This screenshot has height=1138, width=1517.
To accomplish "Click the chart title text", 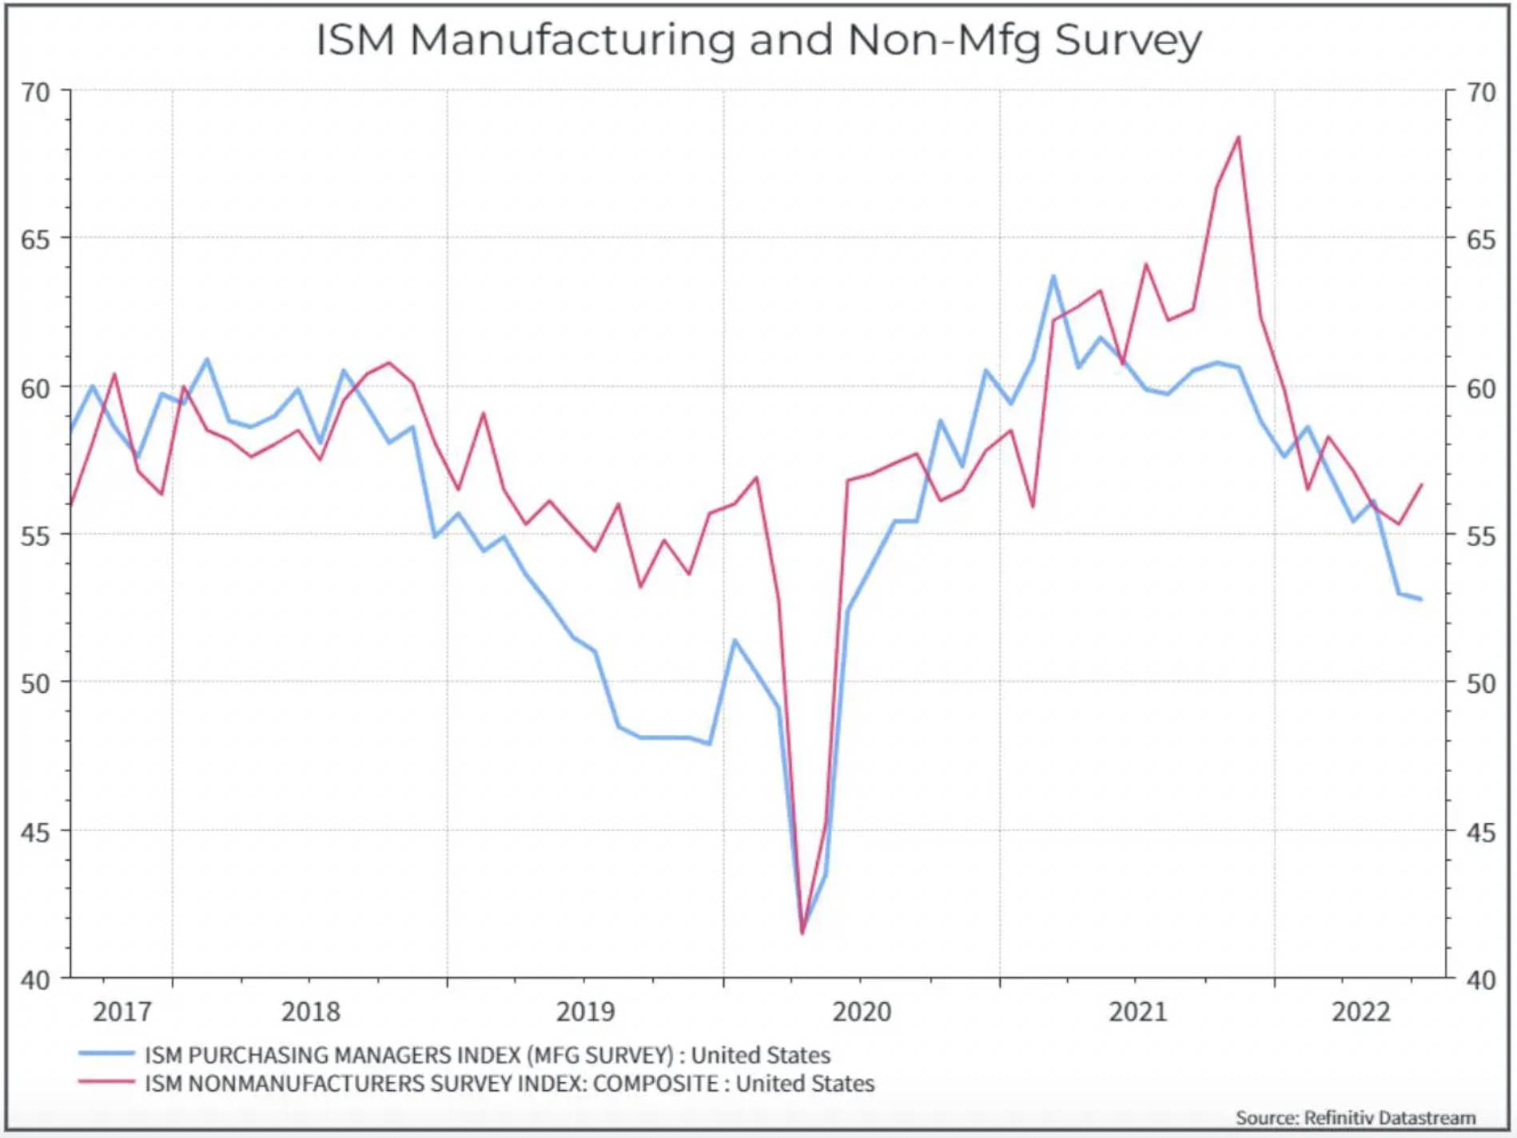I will pyautogui.click(x=758, y=40).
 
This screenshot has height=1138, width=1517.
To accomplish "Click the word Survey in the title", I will pyautogui.click(x=1128, y=40).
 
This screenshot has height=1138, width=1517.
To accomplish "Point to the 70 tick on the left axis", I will pyautogui.click(x=36, y=93).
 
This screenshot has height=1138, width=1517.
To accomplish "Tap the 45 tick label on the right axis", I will pyautogui.click(x=1481, y=834).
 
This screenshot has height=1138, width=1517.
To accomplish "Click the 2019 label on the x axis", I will pyautogui.click(x=585, y=1012).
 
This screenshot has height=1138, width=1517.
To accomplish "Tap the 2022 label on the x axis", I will pyautogui.click(x=1360, y=1012).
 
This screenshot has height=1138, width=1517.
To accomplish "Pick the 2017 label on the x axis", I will pyautogui.click(x=121, y=1012).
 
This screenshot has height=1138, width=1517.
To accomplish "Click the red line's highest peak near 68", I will pyautogui.click(x=1239, y=137).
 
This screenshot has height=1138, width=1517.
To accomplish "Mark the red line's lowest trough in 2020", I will pyautogui.click(x=802, y=933).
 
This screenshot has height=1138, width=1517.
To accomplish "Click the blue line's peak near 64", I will pyautogui.click(x=1053, y=277).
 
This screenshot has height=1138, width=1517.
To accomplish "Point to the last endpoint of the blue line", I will pyautogui.click(x=1420, y=599).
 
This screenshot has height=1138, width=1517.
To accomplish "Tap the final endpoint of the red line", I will pyautogui.click(x=1421, y=485).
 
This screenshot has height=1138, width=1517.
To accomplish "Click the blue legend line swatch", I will pyautogui.click(x=106, y=1054).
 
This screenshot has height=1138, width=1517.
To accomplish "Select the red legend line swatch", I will pyautogui.click(x=106, y=1083).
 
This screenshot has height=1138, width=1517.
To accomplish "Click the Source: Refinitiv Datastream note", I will pyautogui.click(x=1355, y=1117).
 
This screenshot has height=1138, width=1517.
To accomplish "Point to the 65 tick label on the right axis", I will pyautogui.click(x=1481, y=240).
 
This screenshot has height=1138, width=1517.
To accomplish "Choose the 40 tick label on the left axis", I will pyautogui.click(x=36, y=981).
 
